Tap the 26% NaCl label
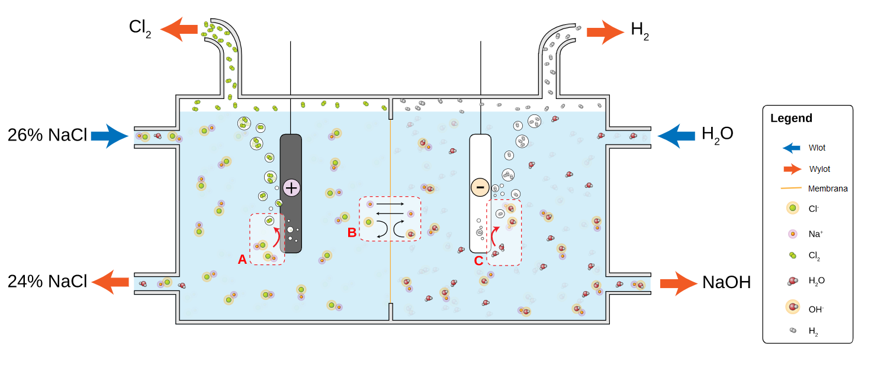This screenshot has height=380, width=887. tap(47, 135)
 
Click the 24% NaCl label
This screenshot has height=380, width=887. tap(47, 281)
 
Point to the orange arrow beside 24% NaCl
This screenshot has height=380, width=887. tap(112, 282)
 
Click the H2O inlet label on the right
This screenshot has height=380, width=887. tap(717, 134)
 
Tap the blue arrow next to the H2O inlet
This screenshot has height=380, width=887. tap(676, 136)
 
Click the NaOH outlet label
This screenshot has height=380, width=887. tap(727, 282)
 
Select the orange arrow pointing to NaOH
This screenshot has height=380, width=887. tap(678, 283)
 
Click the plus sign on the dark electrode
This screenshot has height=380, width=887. tap(292, 187)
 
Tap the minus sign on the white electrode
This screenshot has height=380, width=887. tap(480, 187)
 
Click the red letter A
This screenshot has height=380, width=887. tap(242, 259)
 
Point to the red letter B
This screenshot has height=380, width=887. tap(352, 232)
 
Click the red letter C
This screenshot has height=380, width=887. tap(478, 259)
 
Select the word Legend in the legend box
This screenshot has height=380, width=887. tap(792, 118)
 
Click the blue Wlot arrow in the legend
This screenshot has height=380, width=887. tap(791, 148)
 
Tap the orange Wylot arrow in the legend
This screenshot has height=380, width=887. tap(792, 169)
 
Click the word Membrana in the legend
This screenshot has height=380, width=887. tap(828, 189)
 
